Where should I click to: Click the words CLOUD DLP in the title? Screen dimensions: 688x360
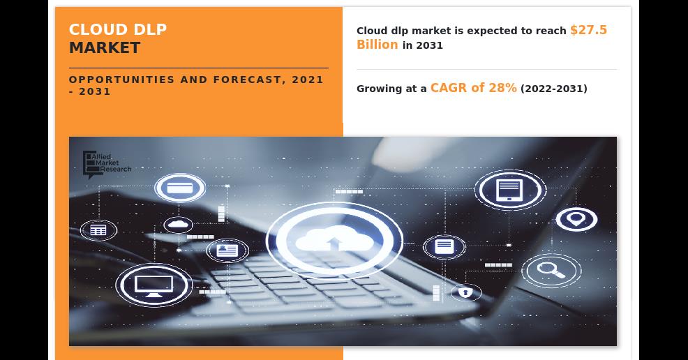coord(118,29)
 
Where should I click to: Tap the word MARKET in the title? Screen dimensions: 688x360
coord(105,48)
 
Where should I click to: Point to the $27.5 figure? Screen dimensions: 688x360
coord(588,30)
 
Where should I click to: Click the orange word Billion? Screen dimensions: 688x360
coord(377,45)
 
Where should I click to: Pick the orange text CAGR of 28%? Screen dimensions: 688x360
coord(474,88)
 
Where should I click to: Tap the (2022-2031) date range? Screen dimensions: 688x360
coord(554,89)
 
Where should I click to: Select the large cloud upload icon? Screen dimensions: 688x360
coord(334,240)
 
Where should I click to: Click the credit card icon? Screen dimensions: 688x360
coord(180,188)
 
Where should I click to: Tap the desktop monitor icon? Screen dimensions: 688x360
coord(154,285)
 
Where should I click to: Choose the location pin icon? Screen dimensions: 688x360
coord(576,219)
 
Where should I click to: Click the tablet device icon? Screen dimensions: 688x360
coord(510,190)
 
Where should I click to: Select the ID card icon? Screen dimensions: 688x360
coord(227,251)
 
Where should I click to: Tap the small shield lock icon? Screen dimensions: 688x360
coord(465,292)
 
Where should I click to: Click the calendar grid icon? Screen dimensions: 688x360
coord(98,230)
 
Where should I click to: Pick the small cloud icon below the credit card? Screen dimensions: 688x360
coord(178,225)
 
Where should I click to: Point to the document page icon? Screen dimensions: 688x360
coord(444,247)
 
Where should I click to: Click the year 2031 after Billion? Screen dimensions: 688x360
coord(430,45)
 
